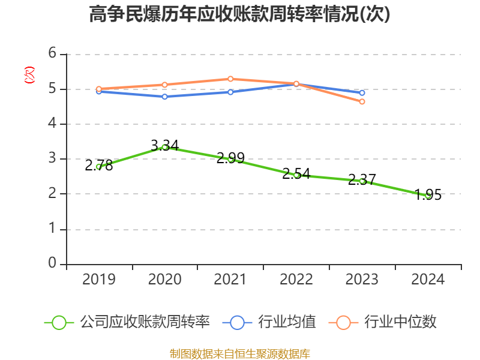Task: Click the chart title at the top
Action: [239, 14]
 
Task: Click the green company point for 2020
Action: [164, 147]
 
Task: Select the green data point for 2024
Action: [428, 195]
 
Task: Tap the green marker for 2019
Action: [99, 166]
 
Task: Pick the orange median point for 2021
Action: [230, 79]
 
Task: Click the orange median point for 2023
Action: [362, 101]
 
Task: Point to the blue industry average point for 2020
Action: [164, 96]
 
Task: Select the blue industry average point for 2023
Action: [362, 92]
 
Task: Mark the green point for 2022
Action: [296, 175]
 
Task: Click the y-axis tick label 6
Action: [52, 54]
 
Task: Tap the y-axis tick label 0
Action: [52, 264]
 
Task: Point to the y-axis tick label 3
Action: [52, 159]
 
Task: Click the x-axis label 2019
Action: [99, 280]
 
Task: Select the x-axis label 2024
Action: [428, 280]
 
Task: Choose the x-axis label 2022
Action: [296, 280]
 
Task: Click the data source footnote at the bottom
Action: [239, 353]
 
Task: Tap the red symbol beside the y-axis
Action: [29, 75]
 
